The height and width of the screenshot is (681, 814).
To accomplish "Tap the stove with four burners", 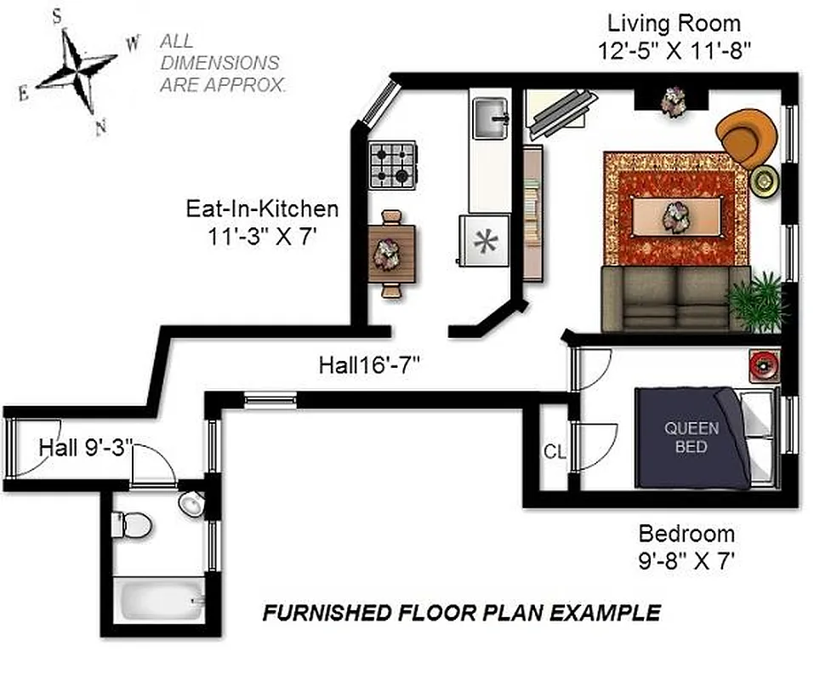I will click(x=393, y=165).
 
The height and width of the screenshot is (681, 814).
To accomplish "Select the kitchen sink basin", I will click(x=491, y=117).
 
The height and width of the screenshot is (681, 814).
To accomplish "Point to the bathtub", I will click(x=162, y=600).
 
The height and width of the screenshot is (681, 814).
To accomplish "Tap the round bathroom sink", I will click(x=192, y=504).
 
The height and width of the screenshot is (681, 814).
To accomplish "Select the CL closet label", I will click(x=555, y=452).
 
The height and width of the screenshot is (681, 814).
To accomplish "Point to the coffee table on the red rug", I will click(x=675, y=213).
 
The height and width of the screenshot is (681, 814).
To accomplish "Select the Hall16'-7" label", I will click(x=370, y=366).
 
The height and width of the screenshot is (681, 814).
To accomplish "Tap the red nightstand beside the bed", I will click(x=764, y=364).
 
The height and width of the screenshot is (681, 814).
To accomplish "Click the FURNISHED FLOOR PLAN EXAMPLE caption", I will click(x=460, y=613).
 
